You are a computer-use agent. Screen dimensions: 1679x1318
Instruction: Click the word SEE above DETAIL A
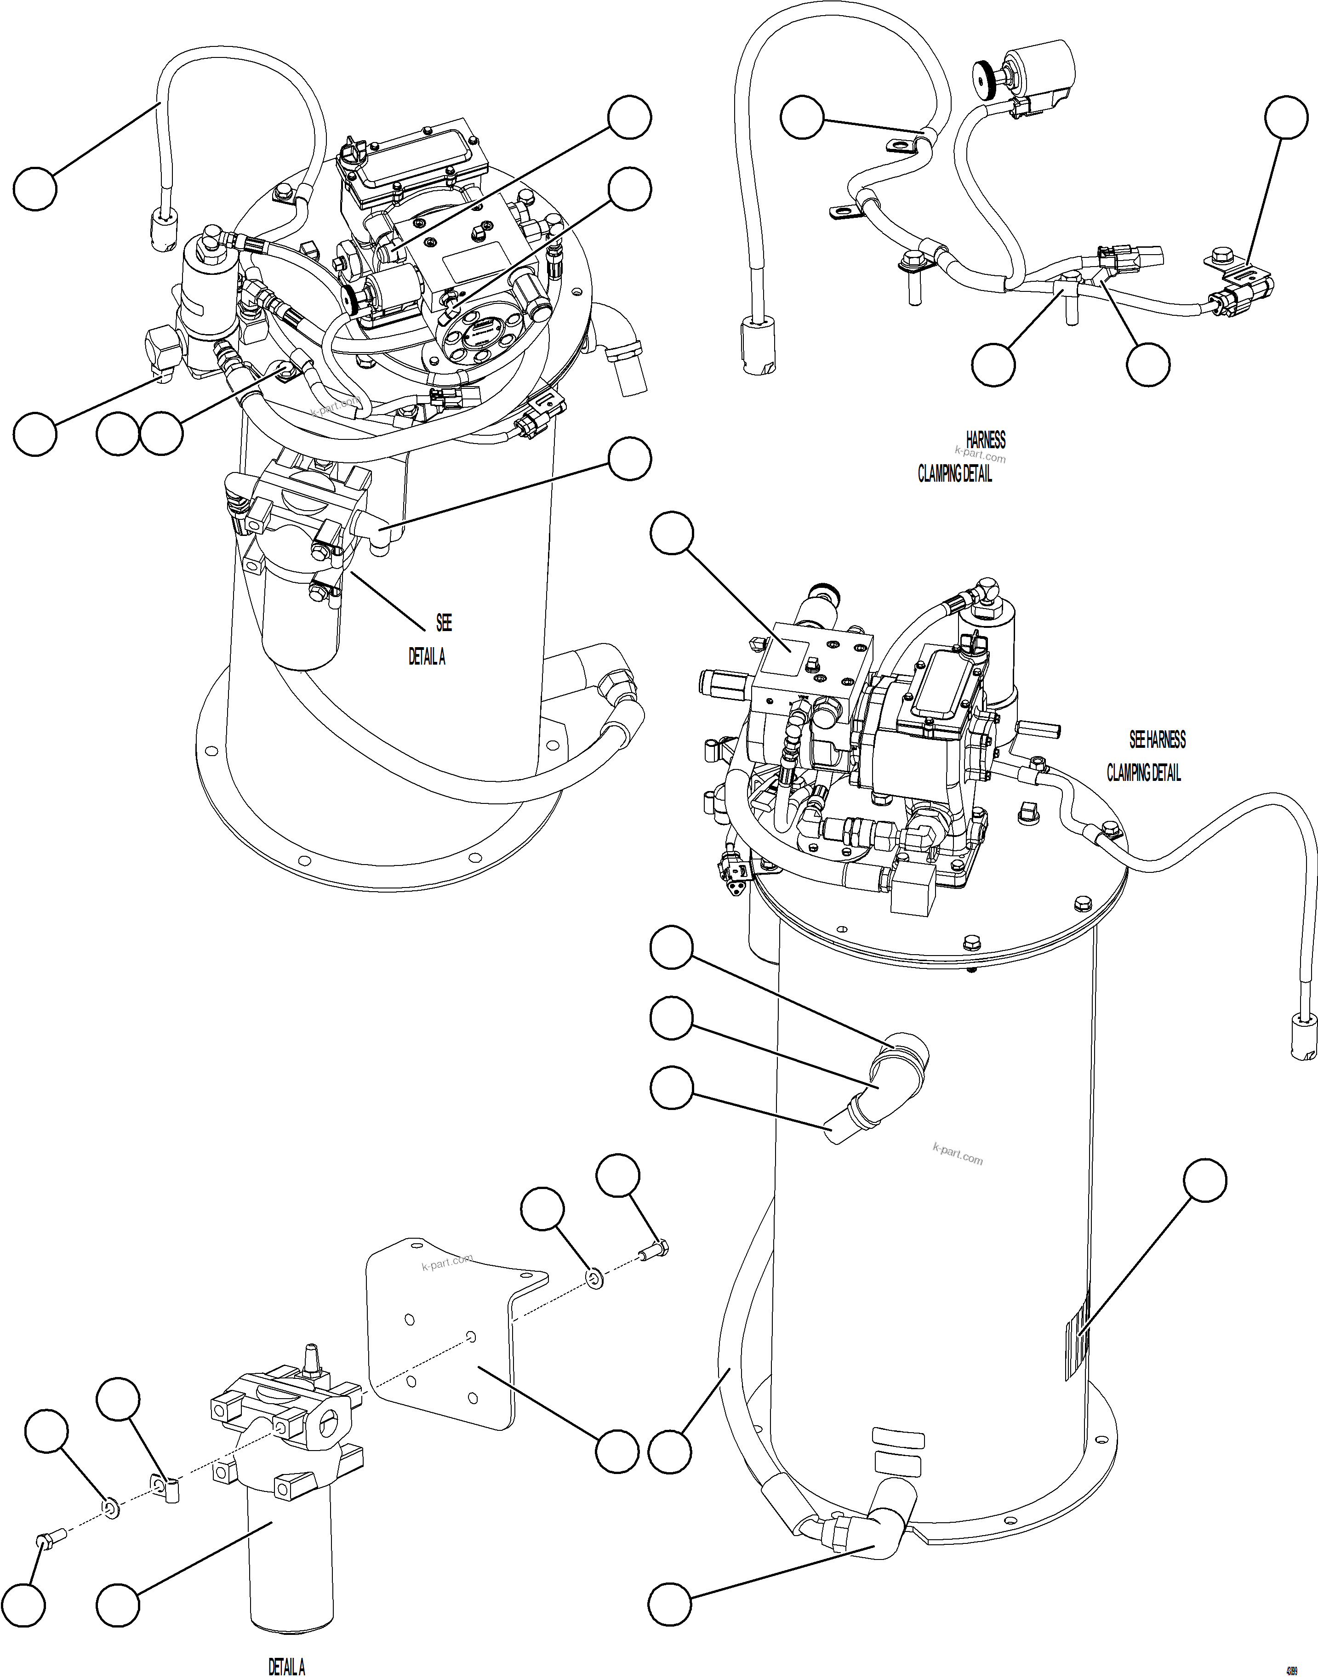point(444,623)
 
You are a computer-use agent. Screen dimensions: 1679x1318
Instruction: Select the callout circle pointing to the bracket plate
point(616,1451)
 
